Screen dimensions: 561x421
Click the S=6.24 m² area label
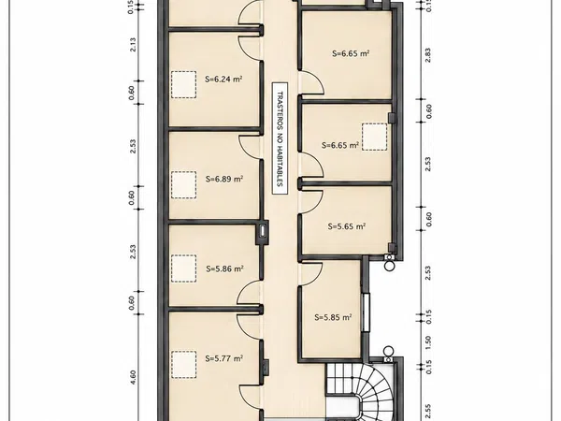click(223, 79)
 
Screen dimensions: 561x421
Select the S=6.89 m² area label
click(224, 179)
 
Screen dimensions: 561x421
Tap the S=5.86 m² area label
click(224, 269)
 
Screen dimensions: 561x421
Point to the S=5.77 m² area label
click(224, 358)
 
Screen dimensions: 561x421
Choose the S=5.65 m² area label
click(346, 226)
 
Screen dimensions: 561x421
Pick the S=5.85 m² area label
click(333, 317)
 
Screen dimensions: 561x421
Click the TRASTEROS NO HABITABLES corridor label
click(280, 138)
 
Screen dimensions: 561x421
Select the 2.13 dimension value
click(133, 44)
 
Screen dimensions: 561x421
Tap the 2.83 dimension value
click(428, 55)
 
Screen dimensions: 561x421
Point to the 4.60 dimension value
click(133, 377)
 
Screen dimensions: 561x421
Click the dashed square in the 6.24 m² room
click(183, 85)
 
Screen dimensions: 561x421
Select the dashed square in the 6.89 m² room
click(183, 184)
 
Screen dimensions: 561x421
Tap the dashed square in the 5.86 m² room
click(183, 269)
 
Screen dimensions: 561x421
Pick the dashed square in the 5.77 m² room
click(183, 365)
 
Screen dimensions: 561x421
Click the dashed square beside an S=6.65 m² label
click(375, 137)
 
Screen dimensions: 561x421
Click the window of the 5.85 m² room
click(366, 312)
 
